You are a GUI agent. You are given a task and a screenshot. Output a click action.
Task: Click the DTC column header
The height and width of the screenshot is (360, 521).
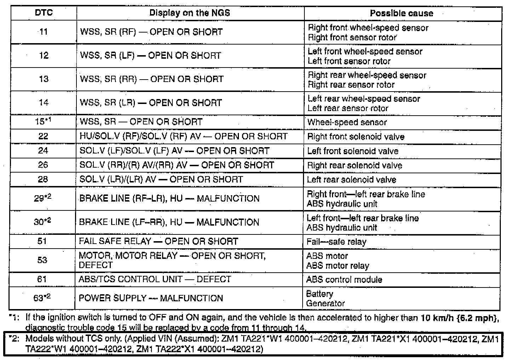(x=44, y=13)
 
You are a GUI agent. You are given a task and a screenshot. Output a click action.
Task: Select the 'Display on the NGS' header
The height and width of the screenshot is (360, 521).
(x=190, y=13)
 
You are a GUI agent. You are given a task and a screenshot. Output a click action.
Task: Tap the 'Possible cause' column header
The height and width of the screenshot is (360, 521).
(x=401, y=13)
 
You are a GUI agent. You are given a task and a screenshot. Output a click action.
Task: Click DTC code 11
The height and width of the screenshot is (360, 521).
(x=43, y=32)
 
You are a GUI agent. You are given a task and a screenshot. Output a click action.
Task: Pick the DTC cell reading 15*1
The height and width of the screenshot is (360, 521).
(x=43, y=122)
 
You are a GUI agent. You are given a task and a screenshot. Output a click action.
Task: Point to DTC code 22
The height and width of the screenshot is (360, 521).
(x=43, y=136)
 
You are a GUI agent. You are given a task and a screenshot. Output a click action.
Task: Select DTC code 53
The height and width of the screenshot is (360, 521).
(x=42, y=260)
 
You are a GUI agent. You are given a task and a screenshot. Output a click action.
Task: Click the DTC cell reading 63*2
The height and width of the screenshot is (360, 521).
(x=42, y=298)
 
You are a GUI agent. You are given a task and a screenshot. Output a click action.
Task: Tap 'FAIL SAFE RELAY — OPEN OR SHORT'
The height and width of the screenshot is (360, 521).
(x=158, y=242)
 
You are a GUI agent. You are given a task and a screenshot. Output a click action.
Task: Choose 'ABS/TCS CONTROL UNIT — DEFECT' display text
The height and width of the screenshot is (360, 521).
(x=155, y=279)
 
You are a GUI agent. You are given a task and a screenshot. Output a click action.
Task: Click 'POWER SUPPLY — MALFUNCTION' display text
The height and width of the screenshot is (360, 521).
(x=151, y=298)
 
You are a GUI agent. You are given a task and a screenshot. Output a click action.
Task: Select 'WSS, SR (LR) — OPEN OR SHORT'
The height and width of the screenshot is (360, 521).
(x=151, y=103)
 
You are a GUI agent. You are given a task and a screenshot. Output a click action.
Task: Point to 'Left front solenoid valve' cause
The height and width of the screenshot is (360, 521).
(x=353, y=151)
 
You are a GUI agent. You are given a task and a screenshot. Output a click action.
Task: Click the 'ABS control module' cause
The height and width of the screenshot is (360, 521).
(x=344, y=280)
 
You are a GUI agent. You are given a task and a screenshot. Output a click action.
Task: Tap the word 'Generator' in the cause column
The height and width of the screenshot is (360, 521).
(x=325, y=303)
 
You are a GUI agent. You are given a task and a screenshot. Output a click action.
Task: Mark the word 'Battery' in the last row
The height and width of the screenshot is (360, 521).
(x=320, y=294)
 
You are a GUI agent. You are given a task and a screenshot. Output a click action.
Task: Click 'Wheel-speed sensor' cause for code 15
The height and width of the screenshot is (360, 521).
(x=347, y=122)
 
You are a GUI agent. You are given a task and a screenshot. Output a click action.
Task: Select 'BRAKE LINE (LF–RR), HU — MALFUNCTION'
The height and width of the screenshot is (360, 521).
(x=169, y=222)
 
